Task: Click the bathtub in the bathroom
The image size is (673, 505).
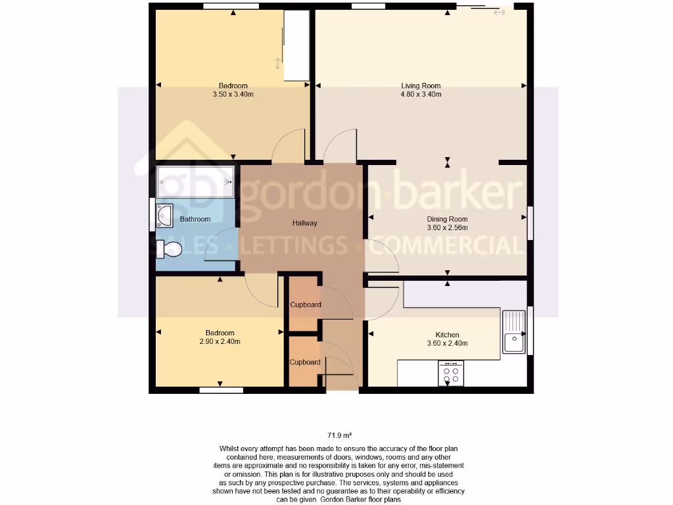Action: [196, 181]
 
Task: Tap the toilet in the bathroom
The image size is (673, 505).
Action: [169, 249]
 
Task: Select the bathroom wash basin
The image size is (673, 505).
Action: [164, 215]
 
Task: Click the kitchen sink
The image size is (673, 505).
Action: [513, 332]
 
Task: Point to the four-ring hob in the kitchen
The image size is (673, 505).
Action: [451, 373]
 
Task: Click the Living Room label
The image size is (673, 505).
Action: [421, 85]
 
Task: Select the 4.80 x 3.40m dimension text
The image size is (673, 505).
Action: [421, 95]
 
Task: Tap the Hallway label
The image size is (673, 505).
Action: [304, 223]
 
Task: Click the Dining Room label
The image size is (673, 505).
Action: [447, 219]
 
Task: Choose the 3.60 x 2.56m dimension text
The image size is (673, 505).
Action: [447, 228]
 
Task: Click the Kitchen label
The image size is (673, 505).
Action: [447, 335]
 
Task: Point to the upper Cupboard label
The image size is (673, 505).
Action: [306, 304]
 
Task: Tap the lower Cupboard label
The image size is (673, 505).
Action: [305, 362]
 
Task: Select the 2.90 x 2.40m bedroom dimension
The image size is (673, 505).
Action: [220, 342]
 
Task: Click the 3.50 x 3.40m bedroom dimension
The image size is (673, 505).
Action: [233, 95]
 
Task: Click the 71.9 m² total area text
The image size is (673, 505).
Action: [339, 435]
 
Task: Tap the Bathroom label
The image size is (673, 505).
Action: [195, 219]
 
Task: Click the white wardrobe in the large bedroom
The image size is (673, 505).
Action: [296, 45]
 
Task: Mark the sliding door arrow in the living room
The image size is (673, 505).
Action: [499, 12]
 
